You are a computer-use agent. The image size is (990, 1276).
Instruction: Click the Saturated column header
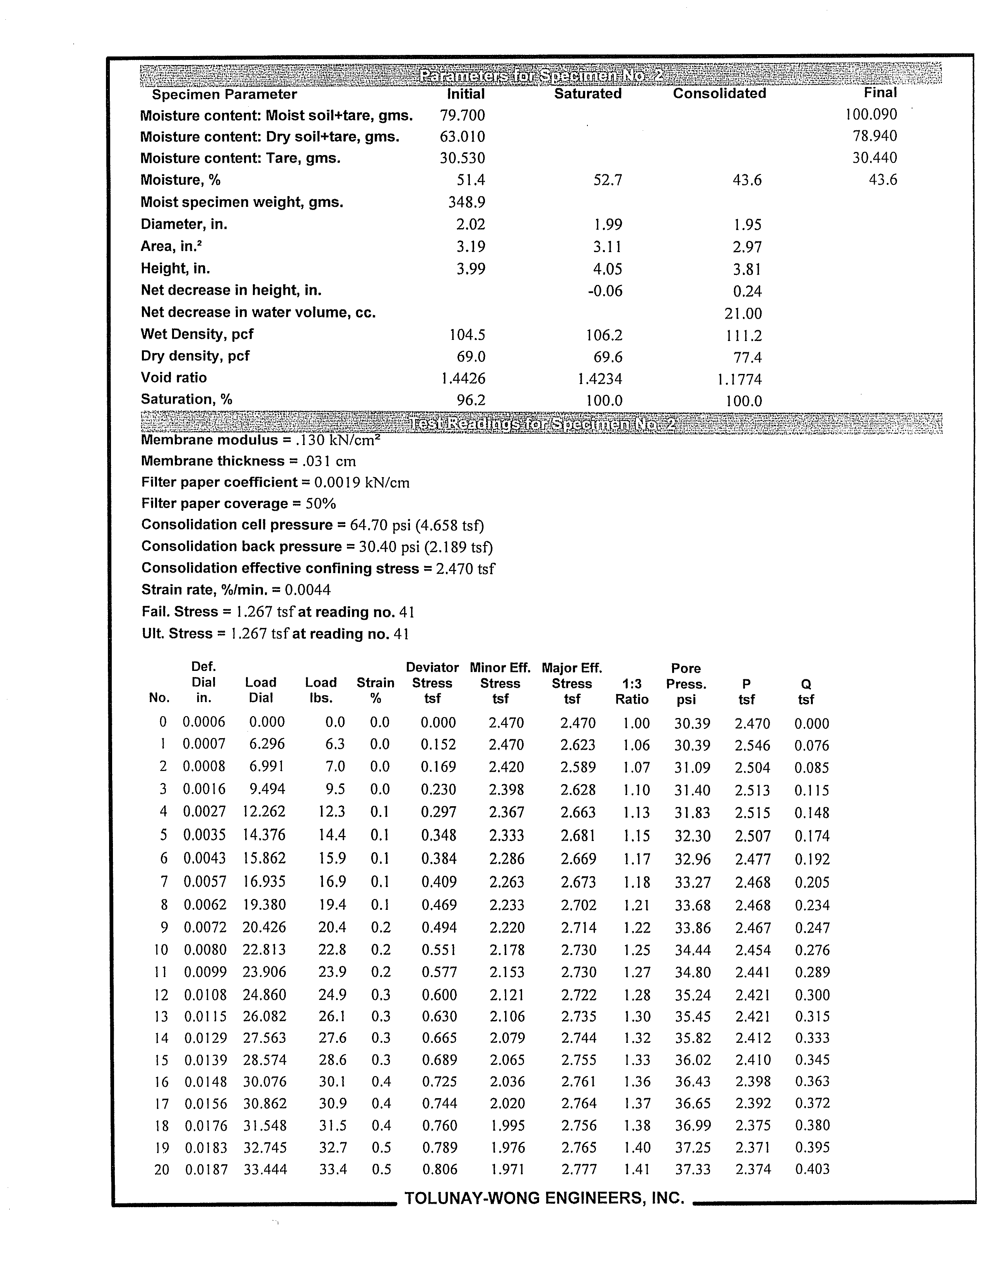[587, 94]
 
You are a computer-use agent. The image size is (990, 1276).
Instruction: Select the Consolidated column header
[719, 94]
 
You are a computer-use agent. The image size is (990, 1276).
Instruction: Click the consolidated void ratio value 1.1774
[739, 380]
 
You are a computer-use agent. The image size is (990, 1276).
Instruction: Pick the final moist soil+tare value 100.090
[871, 114]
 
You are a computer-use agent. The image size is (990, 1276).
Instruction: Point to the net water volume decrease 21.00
[743, 314]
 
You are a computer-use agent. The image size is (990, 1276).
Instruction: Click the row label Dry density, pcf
[195, 356]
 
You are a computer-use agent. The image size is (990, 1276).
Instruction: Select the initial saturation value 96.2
[471, 400]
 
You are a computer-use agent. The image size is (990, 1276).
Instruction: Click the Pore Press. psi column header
[686, 684]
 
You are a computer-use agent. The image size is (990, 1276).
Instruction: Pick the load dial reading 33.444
[265, 1170]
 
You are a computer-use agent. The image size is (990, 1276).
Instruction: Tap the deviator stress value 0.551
[438, 950]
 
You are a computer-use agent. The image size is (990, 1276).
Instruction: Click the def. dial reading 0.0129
[205, 1038]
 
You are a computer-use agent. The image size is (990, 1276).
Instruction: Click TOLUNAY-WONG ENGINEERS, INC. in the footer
[544, 1198]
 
